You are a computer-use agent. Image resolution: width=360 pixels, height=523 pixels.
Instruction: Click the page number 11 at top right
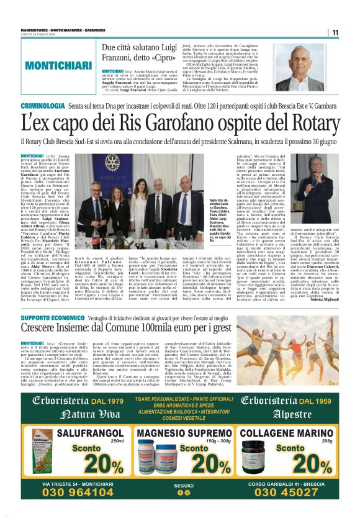pos(335,33)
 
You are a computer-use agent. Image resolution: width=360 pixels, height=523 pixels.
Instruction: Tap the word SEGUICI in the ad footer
pos(180,485)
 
